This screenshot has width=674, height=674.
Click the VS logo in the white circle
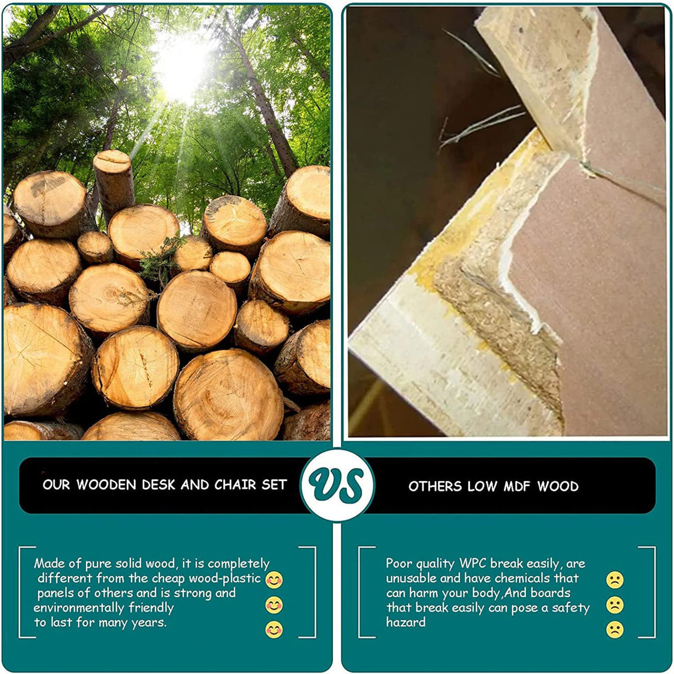(336, 485)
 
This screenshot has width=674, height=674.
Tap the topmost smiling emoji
(274, 580)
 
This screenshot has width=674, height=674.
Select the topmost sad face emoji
(615, 580)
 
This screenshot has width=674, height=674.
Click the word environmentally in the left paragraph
(79, 608)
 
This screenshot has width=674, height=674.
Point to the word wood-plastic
(225, 578)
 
